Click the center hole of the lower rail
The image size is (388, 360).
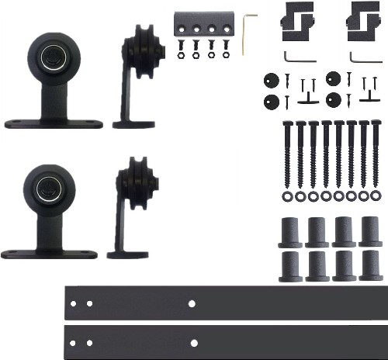point(194,342)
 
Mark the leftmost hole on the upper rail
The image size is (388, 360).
point(74,303)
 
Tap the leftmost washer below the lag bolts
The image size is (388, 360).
point(288,196)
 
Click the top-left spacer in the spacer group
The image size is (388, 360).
point(291,231)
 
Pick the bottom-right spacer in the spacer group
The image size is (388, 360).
point(369,265)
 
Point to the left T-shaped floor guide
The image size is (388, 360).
point(308,99)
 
